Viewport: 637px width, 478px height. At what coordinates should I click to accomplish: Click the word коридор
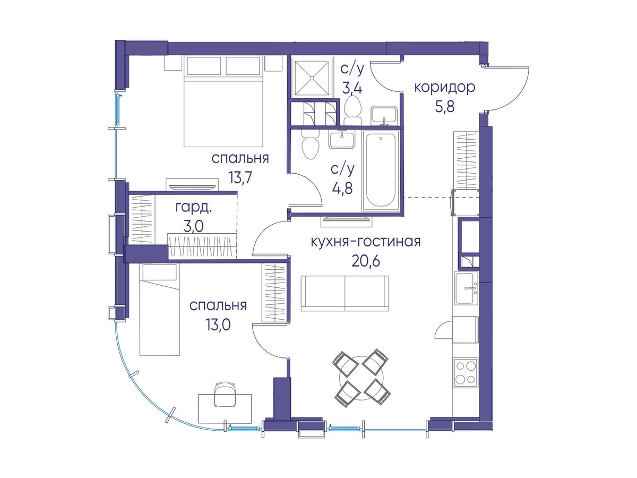tap(444, 88)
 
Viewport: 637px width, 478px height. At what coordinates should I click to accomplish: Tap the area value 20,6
tap(366, 261)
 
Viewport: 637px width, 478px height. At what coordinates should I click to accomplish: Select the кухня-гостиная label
tap(366, 242)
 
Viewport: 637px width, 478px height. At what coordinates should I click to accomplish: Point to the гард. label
tap(194, 208)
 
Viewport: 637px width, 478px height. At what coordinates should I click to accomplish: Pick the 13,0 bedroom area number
tap(218, 325)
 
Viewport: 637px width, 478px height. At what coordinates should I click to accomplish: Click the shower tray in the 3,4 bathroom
tap(312, 78)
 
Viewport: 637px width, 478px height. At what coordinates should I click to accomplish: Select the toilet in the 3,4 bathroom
tap(352, 110)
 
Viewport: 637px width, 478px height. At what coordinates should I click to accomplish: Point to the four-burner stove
tap(465, 372)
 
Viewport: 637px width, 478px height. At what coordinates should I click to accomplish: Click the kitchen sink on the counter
tap(466, 288)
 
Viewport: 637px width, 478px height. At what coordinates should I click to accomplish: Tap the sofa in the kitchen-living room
tap(345, 293)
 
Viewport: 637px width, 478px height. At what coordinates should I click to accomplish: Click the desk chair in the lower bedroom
tap(225, 395)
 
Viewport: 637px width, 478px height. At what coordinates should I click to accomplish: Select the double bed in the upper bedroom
tap(223, 101)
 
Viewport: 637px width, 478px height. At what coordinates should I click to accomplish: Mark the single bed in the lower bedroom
tap(159, 310)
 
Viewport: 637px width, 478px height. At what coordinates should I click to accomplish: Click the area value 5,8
tap(444, 107)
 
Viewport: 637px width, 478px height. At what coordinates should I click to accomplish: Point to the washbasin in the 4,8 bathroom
tap(342, 139)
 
